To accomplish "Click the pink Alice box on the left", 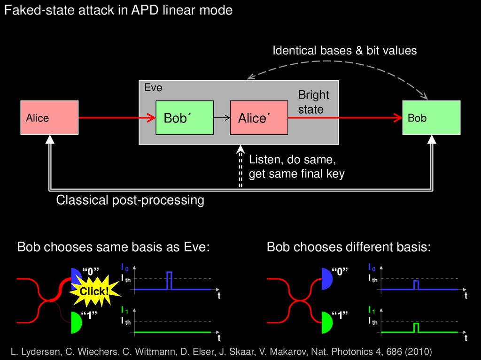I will [49, 118].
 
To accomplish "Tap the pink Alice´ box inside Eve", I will [259, 118].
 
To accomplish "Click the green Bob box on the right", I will [431, 118].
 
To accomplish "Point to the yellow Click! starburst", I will [94, 291].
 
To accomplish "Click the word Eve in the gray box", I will [153, 88].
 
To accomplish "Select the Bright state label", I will [313, 102].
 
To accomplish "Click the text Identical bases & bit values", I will [344, 50].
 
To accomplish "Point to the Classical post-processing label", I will [130, 200].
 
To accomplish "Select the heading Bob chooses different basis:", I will [349, 247].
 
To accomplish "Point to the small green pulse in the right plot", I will [416, 327].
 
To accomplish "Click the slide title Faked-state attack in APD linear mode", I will [118, 10].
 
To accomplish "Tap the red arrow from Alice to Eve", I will [117, 118].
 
